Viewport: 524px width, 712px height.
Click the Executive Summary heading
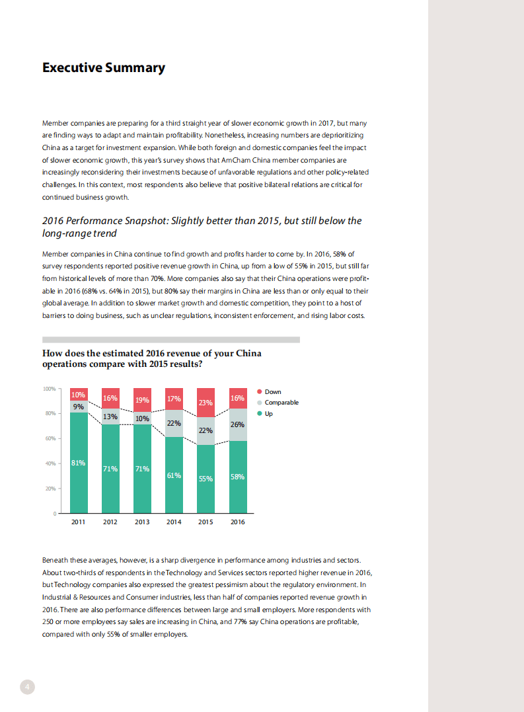pyautogui.click(x=104, y=67)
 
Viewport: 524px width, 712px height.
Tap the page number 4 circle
pyautogui.click(x=27, y=686)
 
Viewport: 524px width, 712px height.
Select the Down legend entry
pyautogui.click(x=273, y=392)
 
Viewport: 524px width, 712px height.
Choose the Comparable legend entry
pyautogui.click(x=281, y=403)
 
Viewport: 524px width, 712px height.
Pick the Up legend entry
pyautogui.click(x=268, y=414)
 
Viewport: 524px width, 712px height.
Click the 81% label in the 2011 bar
pyautogui.click(x=78, y=463)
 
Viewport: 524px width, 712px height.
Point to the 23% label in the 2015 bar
pyautogui.click(x=206, y=402)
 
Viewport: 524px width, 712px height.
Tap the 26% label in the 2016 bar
pyautogui.click(x=237, y=424)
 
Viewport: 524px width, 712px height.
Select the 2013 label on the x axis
pyautogui.click(x=142, y=522)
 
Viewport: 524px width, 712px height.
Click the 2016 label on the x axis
pyautogui.click(x=237, y=522)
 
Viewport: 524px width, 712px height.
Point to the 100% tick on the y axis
pyautogui.click(x=49, y=389)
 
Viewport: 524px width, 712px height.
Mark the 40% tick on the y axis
pyautogui.click(x=50, y=463)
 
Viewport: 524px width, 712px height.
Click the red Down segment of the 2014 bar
pyautogui.click(x=174, y=399)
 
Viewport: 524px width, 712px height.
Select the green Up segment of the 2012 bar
pyautogui.click(x=110, y=489)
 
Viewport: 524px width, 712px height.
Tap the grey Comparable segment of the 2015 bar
pyautogui.click(x=206, y=431)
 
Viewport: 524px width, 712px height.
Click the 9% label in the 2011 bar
pyautogui.click(x=78, y=407)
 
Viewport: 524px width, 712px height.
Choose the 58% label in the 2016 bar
pyautogui.click(x=237, y=476)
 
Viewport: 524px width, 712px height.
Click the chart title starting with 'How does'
pyautogui.click(x=152, y=358)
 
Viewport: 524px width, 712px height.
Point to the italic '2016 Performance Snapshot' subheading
pyautogui.click(x=202, y=227)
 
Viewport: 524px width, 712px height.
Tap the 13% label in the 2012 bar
pyautogui.click(x=110, y=416)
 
